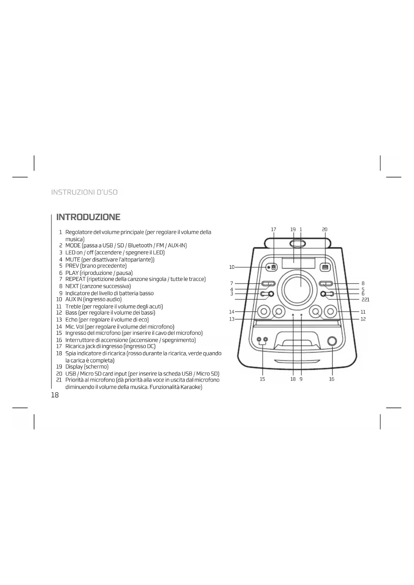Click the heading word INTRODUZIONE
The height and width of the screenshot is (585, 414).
coord(88,217)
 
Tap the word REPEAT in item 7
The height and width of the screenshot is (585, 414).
coord(75,279)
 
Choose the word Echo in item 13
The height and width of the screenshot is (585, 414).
coord(71,320)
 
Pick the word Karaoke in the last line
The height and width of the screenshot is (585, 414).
coord(190,387)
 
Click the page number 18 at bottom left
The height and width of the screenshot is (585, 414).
coord(55,395)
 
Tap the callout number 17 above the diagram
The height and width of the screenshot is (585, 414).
coord(274,229)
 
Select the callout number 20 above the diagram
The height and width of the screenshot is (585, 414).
coord(325,229)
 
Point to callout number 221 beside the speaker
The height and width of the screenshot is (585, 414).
coord(366,300)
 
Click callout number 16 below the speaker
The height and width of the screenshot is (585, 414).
coord(332,379)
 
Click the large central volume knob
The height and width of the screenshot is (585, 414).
coord(298,289)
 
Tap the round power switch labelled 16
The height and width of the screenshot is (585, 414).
coord(332,341)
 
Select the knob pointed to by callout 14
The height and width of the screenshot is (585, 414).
coord(264,312)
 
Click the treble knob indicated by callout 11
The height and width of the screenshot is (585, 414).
coord(331,312)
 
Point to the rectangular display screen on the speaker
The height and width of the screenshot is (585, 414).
coord(298,263)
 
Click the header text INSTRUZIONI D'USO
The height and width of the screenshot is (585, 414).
coord(84,192)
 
